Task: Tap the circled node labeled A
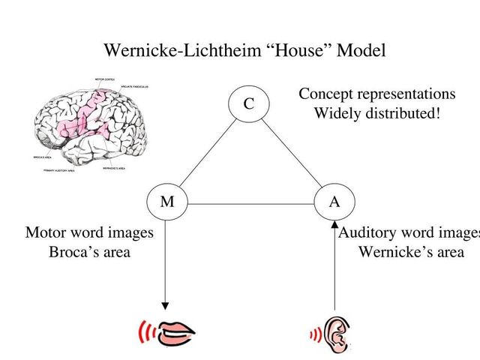coord(334,202)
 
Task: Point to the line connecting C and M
coord(208,154)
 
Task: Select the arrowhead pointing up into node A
coord(334,224)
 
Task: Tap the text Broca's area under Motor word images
coord(89,252)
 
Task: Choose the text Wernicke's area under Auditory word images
coord(411,252)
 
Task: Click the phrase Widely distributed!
coord(376,114)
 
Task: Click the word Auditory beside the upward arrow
coord(368,232)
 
